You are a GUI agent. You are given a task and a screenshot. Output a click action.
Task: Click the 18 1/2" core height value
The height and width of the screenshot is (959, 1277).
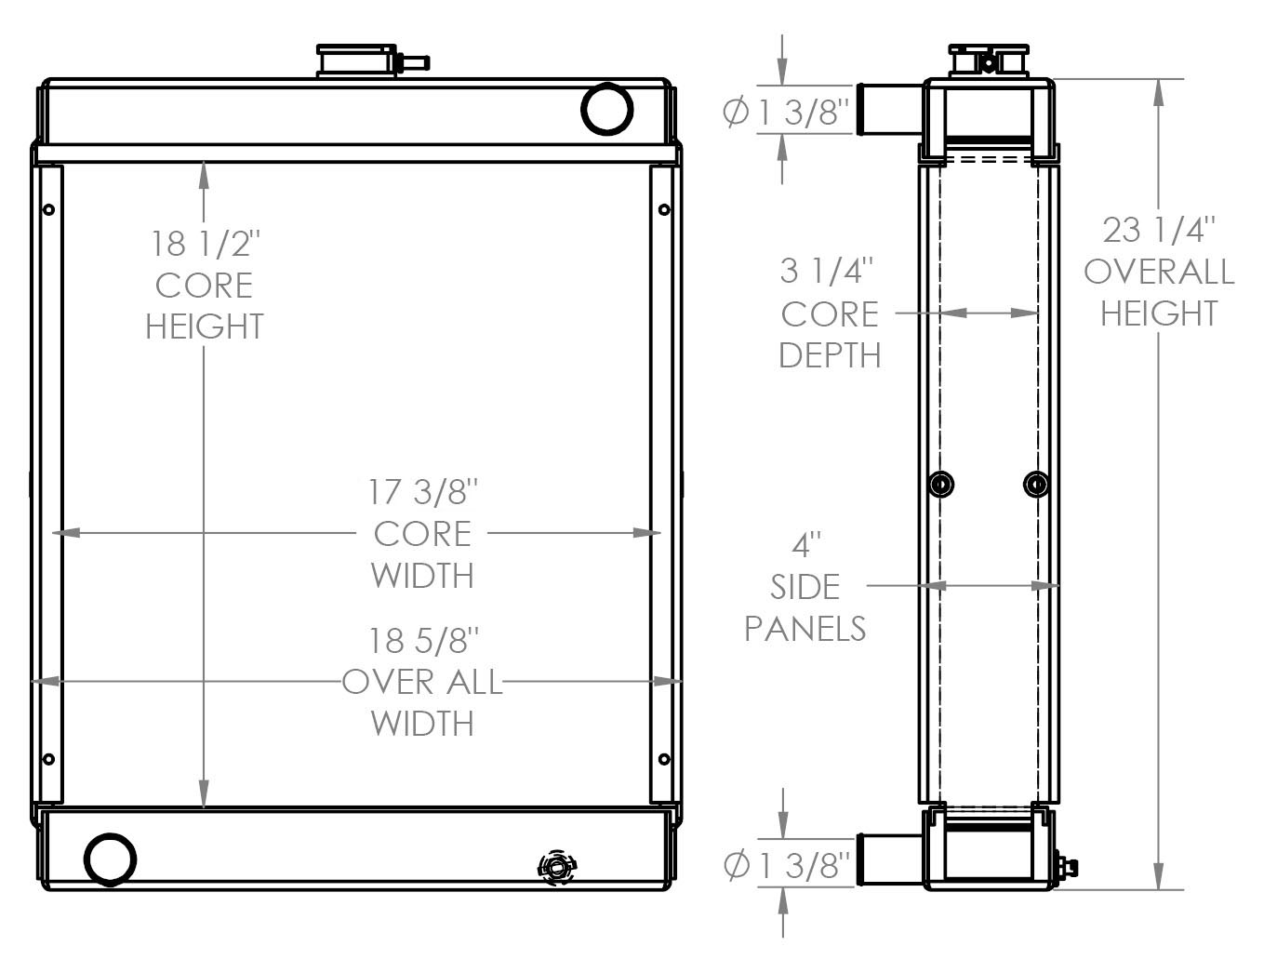[x=206, y=244]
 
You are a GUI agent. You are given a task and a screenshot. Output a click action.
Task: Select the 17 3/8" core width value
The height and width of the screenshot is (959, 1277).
[x=423, y=491]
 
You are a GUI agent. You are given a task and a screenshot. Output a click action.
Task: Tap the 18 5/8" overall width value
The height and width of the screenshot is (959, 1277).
[x=423, y=641]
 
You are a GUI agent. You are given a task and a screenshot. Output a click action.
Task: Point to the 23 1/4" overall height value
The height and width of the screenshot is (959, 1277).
[x=1159, y=229]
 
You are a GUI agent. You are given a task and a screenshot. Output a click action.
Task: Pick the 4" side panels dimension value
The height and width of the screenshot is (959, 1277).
[x=806, y=543]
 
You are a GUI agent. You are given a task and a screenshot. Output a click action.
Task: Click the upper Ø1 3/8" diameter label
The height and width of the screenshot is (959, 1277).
[x=787, y=113]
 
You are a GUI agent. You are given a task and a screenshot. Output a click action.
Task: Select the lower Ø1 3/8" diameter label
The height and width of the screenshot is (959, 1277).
[x=787, y=865]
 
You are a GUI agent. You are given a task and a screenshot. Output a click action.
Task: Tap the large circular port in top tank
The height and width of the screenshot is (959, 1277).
[x=607, y=109]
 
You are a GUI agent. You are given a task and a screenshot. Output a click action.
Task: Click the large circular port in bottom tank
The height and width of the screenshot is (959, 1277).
[x=111, y=858]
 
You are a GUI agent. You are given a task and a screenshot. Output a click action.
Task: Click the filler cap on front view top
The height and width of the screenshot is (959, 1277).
[x=357, y=60]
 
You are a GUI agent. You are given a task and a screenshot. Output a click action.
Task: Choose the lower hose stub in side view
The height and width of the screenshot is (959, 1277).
[x=887, y=860]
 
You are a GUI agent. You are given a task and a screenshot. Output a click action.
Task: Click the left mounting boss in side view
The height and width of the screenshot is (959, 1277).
[x=942, y=484]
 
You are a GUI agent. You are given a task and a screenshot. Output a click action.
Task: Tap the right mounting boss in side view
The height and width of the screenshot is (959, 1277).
[x=1036, y=484]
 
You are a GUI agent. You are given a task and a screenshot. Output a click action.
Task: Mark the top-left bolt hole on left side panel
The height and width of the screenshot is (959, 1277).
[x=49, y=210]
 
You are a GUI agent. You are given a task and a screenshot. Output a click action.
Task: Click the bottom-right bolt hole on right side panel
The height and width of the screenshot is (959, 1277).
[x=663, y=759]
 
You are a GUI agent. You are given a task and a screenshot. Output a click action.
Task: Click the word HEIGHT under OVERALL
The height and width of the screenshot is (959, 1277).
[x=1159, y=313]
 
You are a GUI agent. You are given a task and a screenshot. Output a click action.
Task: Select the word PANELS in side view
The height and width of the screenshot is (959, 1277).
[x=805, y=629]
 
